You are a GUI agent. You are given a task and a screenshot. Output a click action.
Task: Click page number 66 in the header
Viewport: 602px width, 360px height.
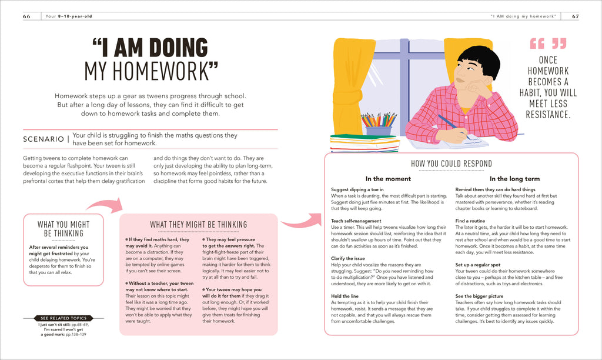click(x=26, y=16)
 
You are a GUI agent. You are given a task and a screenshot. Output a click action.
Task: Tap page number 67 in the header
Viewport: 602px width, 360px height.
click(x=574, y=16)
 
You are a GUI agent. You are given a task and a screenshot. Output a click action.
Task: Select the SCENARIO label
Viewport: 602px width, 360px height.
click(x=43, y=139)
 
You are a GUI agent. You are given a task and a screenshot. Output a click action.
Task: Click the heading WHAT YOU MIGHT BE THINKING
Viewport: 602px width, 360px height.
click(x=63, y=229)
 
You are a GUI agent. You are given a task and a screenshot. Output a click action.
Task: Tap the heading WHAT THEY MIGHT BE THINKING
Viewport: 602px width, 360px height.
click(x=198, y=225)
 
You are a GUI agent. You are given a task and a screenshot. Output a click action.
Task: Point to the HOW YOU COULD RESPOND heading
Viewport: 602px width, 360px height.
click(x=451, y=164)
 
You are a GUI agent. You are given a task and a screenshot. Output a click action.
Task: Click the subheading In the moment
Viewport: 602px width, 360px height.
click(x=388, y=179)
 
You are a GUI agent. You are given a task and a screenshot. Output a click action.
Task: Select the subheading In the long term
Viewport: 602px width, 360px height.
click(x=515, y=179)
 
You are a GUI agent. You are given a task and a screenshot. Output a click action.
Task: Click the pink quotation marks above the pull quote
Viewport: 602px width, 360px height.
click(x=548, y=44)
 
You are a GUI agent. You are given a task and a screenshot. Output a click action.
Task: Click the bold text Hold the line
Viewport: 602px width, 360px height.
click(x=346, y=296)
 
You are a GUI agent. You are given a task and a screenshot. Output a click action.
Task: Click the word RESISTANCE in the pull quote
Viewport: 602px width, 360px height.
click(x=548, y=114)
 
